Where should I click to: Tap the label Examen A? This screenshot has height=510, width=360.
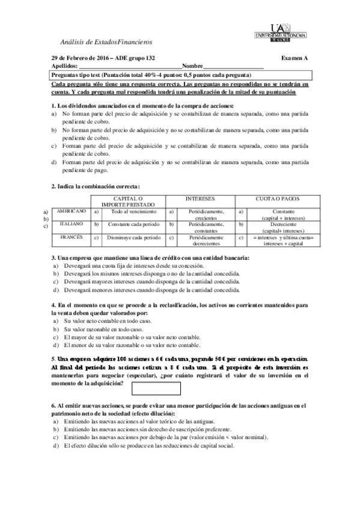pos(294,57)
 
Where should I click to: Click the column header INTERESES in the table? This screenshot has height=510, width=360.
pos(200,198)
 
